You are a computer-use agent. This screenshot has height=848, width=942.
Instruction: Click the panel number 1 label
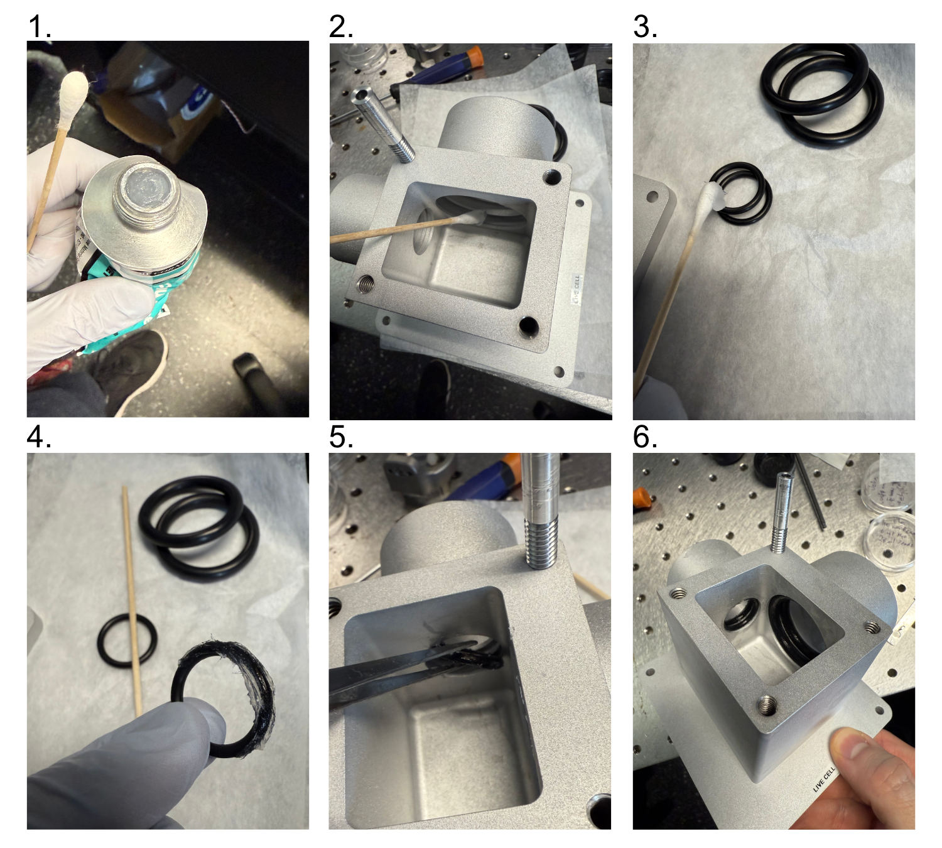coord(39,27)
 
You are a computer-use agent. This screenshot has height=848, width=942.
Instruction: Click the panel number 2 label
coord(341,27)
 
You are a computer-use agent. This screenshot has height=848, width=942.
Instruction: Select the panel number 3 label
coord(645,27)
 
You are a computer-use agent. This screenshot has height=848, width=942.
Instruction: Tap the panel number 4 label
coord(39,437)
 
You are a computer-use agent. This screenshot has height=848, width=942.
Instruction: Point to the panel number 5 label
coord(341,437)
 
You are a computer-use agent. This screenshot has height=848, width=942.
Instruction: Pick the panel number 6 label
coord(645,437)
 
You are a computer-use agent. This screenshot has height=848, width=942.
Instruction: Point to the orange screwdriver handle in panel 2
coord(474,55)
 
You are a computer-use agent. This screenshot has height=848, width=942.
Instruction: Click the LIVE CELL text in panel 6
coord(825,779)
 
